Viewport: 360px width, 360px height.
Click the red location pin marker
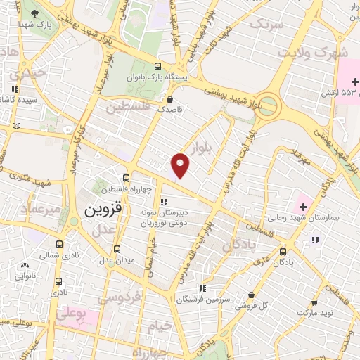(181, 165)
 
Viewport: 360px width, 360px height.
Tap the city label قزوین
(103, 210)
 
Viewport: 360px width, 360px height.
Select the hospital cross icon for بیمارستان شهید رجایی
(304, 207)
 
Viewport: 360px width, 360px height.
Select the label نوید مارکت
(314, 311)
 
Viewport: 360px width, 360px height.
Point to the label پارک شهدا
(46, 25)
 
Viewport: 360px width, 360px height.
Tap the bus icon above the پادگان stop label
(283, 251)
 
